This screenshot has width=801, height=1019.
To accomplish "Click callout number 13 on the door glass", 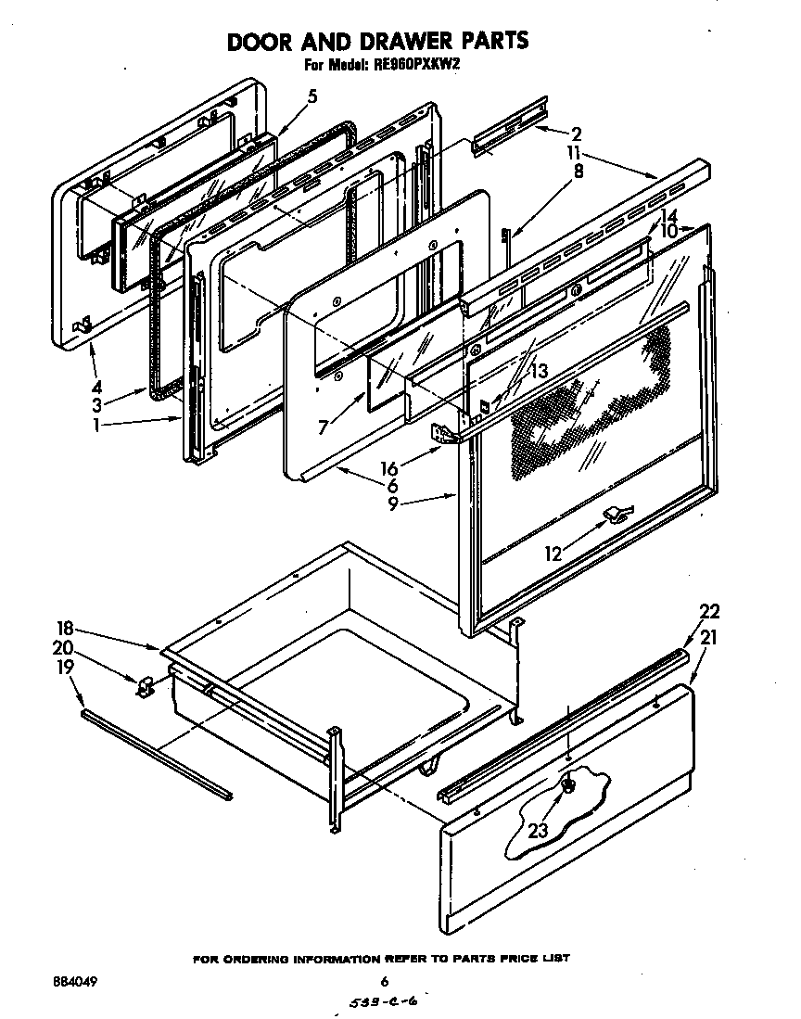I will pos(538,371).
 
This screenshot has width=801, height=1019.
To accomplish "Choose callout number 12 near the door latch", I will pos(553,554).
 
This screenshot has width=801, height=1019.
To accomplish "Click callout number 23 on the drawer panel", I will pos(538,832).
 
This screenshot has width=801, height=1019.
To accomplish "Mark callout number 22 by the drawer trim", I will pos(709,612).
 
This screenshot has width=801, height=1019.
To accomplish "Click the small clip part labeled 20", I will pos(146,686).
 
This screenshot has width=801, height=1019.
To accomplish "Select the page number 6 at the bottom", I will pos(383,981).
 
